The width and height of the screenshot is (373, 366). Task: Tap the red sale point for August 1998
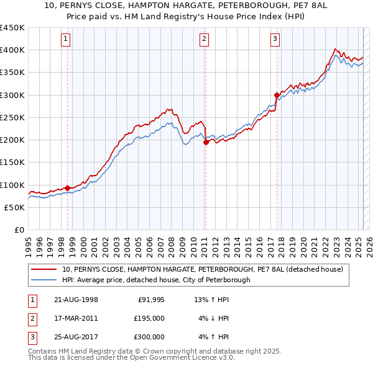point(67,188)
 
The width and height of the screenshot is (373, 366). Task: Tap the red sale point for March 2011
point(205,142)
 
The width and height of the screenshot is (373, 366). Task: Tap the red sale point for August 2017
point(276,95)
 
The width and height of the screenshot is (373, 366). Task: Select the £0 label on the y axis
point(19,230)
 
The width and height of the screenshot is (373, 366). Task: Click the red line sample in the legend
point(45,270)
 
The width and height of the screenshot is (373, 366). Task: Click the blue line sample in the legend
point(45,280)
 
